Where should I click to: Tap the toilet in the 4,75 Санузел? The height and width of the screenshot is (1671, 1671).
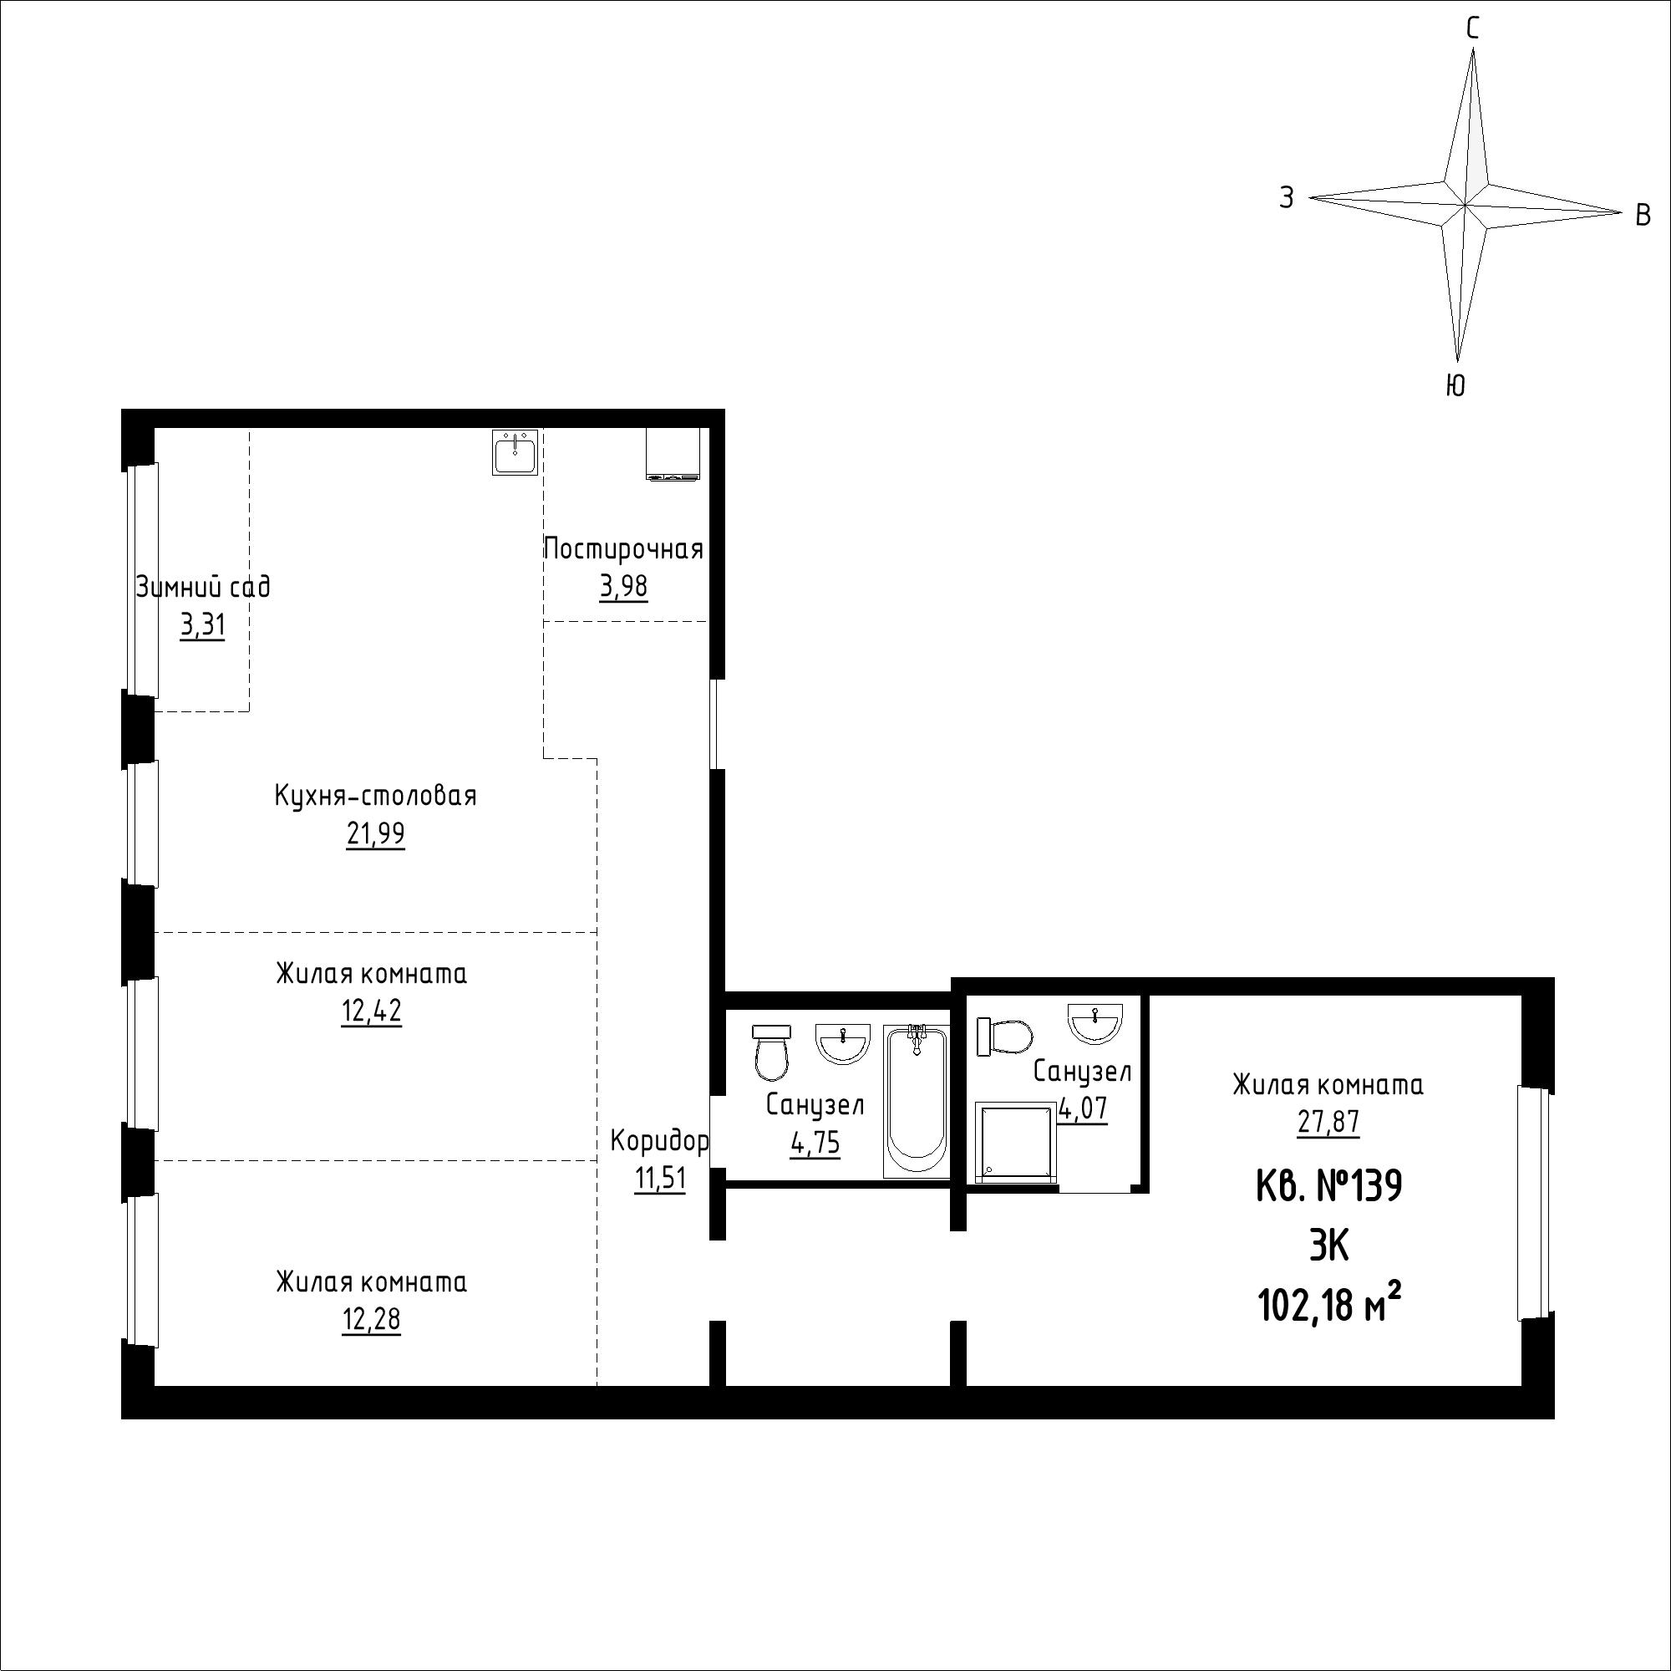pos(771,1052)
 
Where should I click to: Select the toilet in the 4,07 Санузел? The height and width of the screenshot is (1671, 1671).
pos(1004,1036)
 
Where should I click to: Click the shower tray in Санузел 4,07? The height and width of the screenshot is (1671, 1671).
pos(1015,1141)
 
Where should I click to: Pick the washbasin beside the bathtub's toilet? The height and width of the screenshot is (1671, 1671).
pos(842,1042)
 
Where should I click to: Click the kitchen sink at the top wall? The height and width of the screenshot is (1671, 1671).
pos(516,451)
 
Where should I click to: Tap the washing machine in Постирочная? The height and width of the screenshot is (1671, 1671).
pos(673,453)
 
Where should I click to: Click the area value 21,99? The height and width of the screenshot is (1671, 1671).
pos(375,834)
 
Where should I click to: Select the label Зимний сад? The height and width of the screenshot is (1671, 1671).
pos(203,588)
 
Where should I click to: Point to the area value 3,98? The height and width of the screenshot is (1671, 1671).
pos(623,588)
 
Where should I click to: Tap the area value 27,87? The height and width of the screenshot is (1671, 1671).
pos(1328,1123)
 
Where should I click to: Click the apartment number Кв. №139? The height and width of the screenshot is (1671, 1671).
pos(1328,1186)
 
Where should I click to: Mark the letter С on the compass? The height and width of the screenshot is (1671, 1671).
pos(1472,29)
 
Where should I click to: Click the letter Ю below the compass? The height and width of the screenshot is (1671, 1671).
pos(1455,385)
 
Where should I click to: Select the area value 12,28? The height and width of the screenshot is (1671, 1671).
pos(372,1320)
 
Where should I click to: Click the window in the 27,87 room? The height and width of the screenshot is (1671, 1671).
pos(1534,1204)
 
